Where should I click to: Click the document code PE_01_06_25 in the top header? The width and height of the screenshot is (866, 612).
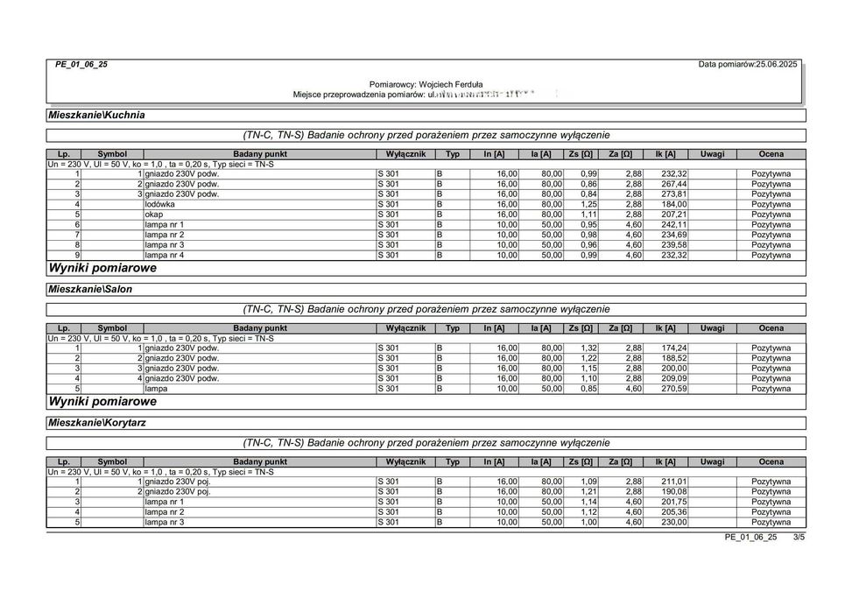(81, 65)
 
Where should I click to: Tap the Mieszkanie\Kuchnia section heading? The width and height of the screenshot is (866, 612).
(97, 115)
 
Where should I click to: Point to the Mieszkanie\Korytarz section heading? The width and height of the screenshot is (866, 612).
(97, 422)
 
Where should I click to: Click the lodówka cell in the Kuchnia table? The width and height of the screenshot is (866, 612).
(159, 204)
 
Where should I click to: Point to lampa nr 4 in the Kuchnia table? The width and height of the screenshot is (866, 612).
(164, 255)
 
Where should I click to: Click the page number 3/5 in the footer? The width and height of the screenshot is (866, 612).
(798, 537)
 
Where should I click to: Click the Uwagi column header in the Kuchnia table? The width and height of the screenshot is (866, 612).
(712, 154)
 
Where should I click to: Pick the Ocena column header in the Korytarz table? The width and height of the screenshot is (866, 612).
(771, 461)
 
